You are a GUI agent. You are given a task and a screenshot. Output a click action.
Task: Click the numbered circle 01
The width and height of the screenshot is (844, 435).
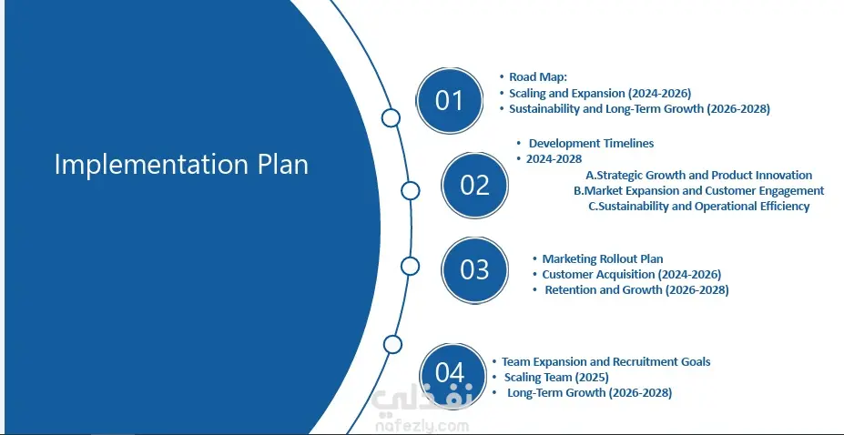450,100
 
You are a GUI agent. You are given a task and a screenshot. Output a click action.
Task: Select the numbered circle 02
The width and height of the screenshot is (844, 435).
474,186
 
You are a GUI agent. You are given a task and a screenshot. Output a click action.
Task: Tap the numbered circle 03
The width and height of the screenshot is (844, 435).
474,270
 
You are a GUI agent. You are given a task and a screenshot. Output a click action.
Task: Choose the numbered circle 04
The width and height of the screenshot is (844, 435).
450,372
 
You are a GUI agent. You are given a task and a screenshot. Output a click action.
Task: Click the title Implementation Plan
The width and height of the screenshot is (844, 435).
181,164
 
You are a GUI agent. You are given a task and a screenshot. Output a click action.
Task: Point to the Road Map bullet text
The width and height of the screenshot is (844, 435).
531,76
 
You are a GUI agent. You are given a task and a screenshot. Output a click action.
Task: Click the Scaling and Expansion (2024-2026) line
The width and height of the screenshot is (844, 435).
600,93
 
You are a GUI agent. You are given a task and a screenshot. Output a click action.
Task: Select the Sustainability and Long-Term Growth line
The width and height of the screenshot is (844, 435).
639,108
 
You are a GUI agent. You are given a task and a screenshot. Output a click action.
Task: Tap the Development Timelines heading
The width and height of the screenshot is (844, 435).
591,143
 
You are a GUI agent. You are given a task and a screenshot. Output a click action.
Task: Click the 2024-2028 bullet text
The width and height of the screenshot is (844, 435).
554,158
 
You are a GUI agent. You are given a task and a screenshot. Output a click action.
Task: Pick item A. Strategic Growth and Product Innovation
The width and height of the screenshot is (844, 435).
698,175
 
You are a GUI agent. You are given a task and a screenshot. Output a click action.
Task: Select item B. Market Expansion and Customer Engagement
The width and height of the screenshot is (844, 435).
698,190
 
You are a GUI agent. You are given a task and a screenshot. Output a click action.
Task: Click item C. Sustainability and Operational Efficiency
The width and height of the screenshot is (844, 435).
698,206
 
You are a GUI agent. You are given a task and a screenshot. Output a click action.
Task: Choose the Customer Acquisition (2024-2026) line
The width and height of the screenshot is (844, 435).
631,274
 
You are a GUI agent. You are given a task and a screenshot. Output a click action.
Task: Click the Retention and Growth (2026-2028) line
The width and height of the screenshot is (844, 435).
636,290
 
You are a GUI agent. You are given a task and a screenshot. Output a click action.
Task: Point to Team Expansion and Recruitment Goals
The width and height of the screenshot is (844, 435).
606,362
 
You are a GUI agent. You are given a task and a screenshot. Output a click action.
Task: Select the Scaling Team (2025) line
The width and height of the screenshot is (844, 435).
556,378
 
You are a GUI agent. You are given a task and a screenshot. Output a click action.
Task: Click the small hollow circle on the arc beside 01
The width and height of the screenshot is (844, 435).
391,117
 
